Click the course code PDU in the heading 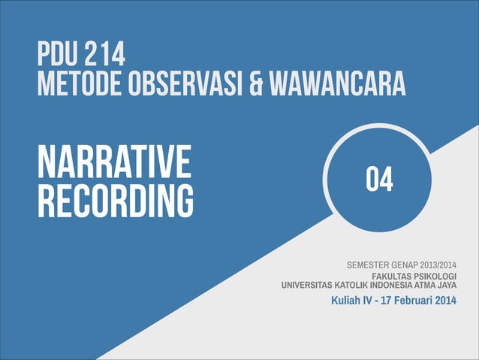pos(57,55)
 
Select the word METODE pos(72,83)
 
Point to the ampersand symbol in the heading pos(256,83)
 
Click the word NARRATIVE pos(113,161)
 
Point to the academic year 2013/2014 pos(450,265)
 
